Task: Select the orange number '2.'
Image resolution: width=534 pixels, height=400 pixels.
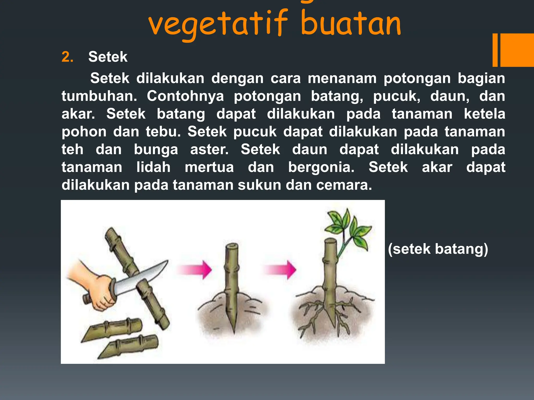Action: click(x=67, y=57)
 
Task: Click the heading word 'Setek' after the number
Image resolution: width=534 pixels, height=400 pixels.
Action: click(x=108, y=57)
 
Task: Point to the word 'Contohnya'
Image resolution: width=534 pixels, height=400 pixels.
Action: click(x=185, y=96)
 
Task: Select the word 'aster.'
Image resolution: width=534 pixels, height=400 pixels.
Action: click(x=209, y=149)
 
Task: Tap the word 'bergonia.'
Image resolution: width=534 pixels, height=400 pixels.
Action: click(x=321, y=167)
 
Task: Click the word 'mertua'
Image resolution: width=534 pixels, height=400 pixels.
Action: click(x=209, y=167)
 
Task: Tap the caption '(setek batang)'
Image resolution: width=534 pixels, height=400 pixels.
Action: click(x=438, y=249)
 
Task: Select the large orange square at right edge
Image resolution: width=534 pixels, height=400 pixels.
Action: click(x=517, y=50)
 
